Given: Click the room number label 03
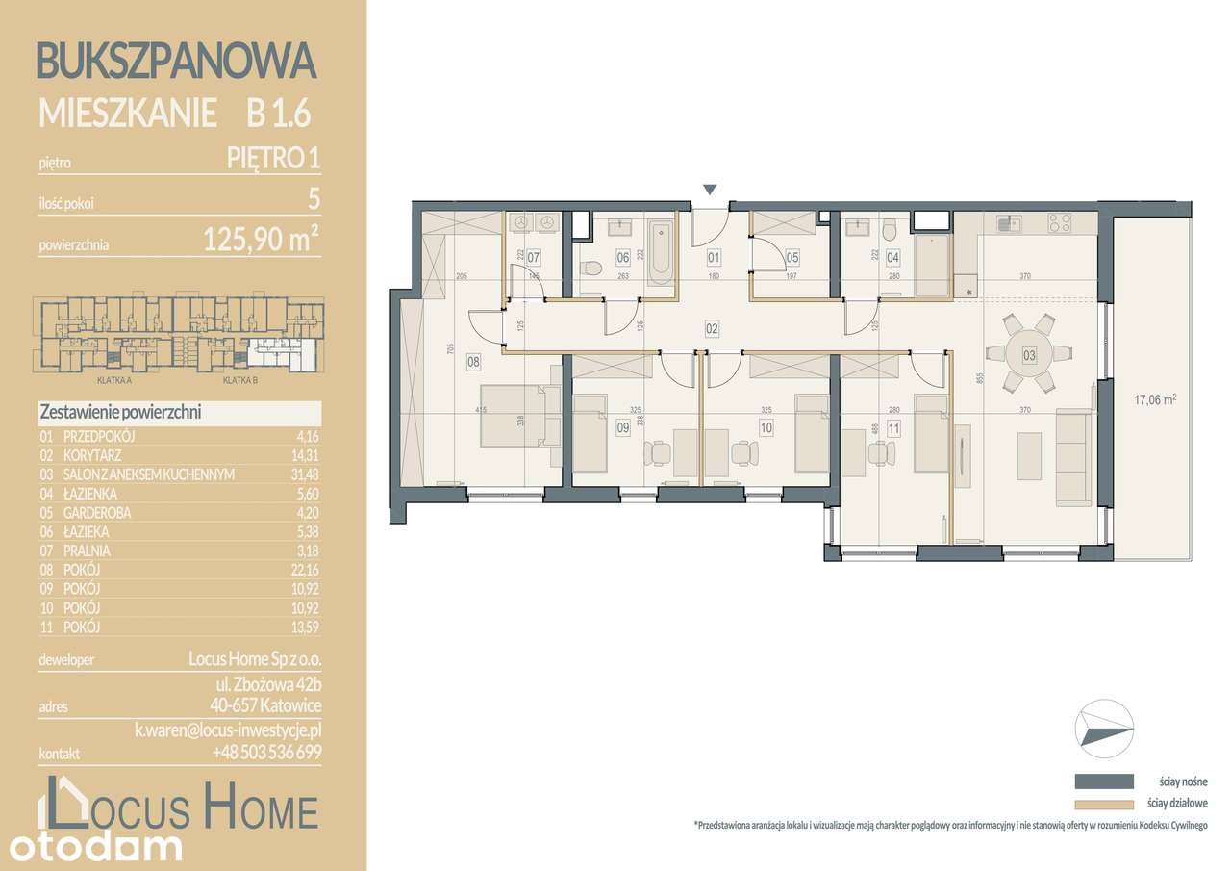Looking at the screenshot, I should tap(1029, 356).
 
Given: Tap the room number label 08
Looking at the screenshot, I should tap(473, 362).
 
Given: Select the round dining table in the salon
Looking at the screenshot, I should tap(1028, 355).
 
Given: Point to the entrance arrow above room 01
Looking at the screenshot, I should tap(710, 190).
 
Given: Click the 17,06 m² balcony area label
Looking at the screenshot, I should tap(1156, 396).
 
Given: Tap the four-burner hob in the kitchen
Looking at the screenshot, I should tap(1059, 223).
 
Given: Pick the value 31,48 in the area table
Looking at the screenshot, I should tap(304, 474).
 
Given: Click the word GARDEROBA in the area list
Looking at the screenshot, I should tap(97, 513).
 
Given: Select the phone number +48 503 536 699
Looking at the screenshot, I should tap(266, 753).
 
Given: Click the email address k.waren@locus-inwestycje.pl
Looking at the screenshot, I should tap(227, 731).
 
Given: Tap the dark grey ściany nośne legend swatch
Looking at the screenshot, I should tap(1103, 781).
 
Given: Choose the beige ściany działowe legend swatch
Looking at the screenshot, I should tap(1103, 804).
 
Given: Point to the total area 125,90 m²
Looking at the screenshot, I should tap(260, 241).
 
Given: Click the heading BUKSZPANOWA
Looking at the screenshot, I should tap(176, 61).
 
